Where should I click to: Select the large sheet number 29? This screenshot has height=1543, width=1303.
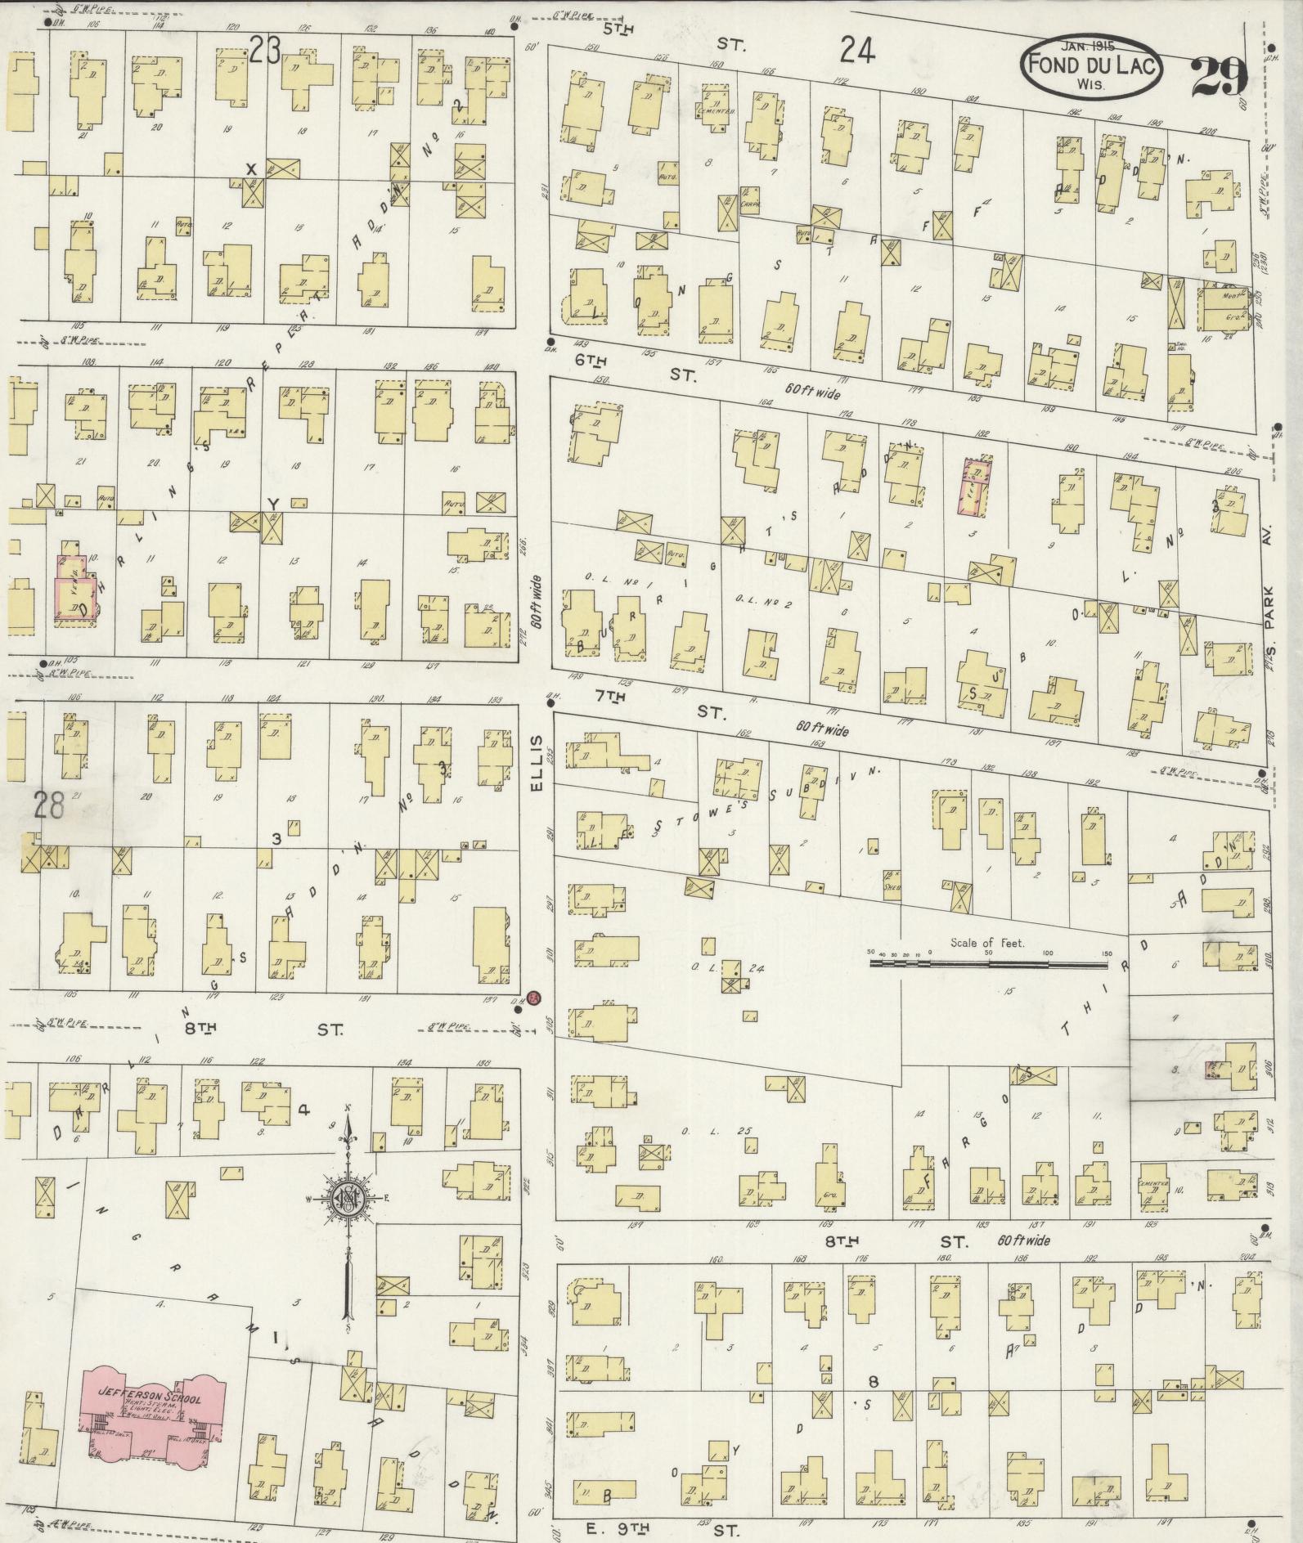point(1218,78)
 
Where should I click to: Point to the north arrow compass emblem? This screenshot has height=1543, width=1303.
point(348,1199)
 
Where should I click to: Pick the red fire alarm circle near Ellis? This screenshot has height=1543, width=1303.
point(533,998)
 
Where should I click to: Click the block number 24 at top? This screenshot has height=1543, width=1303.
point(856,52)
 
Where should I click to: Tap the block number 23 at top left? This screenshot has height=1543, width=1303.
point(265,52)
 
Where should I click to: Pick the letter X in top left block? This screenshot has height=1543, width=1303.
point(252,168)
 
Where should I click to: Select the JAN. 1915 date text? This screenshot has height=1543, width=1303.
point(1090,48)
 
